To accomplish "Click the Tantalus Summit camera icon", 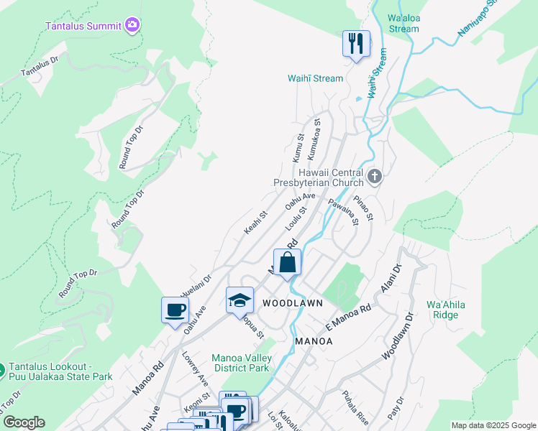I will pyautogui.click(x=132, y=26).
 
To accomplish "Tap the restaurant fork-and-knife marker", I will pyautogui.click(x=355, y=44).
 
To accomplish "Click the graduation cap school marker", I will pyautogui.click(x=240, y=300).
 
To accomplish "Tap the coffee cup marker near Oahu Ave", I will pyautogui.click(x=175, y=310).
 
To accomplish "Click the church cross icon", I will pyautogui.click(x=374, y=176).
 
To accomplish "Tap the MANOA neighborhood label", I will pyautogui.click(x=314, y=341).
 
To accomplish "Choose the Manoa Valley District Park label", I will pyautogui.click(x=242, y=363).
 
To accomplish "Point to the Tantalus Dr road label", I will pyautogui.click(x=40, y=68).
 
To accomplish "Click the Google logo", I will pyautogui.click(x=23, y=422).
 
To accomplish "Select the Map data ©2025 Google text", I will pyautogui.click(x=493, y=425).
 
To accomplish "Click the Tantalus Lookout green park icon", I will pyautogui.click(x=2, y=371).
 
